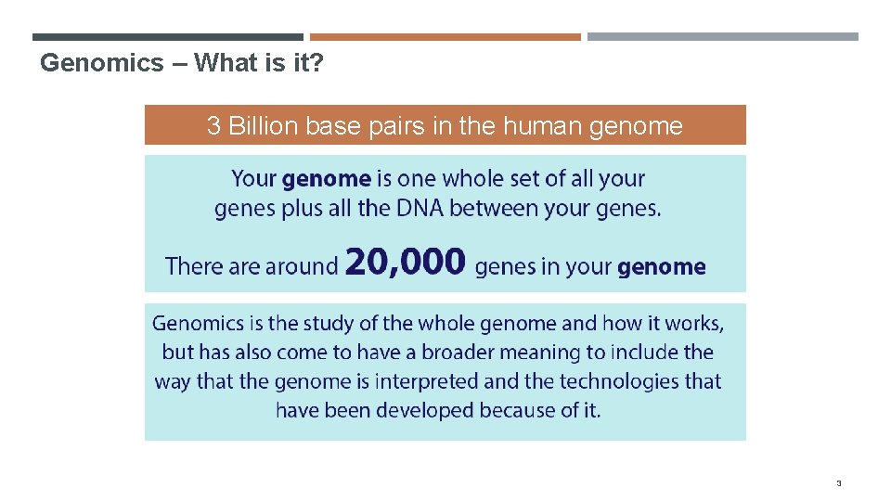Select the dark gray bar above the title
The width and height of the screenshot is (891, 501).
coord(167,37)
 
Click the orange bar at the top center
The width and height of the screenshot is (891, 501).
coord(445,37)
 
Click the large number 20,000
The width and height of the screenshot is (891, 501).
coord(405,263)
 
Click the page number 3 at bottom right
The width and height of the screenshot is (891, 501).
coord(838,483)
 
